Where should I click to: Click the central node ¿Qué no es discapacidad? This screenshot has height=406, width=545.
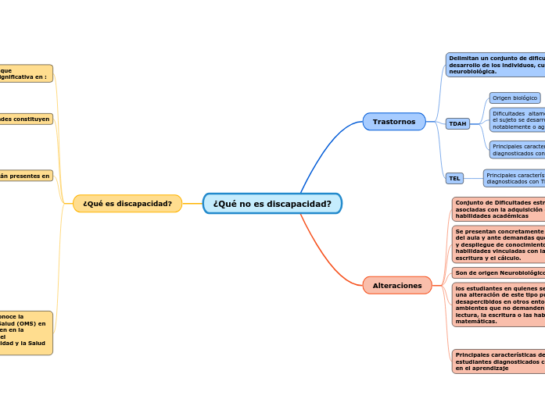272,204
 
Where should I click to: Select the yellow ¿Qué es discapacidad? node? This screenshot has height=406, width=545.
127,204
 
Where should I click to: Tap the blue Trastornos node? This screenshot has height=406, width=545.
394,122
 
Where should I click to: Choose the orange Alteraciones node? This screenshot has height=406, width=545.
397,286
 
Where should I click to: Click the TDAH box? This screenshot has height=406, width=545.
457,123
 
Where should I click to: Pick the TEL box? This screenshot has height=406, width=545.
454,178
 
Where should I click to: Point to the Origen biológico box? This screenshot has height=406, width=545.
515,98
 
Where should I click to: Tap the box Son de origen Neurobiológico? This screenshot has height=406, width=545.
499,272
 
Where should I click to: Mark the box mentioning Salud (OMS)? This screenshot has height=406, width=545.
26,333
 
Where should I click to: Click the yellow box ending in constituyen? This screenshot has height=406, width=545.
26,119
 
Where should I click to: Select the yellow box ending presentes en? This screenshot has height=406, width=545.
26,176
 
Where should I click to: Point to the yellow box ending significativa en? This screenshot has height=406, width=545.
26,74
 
